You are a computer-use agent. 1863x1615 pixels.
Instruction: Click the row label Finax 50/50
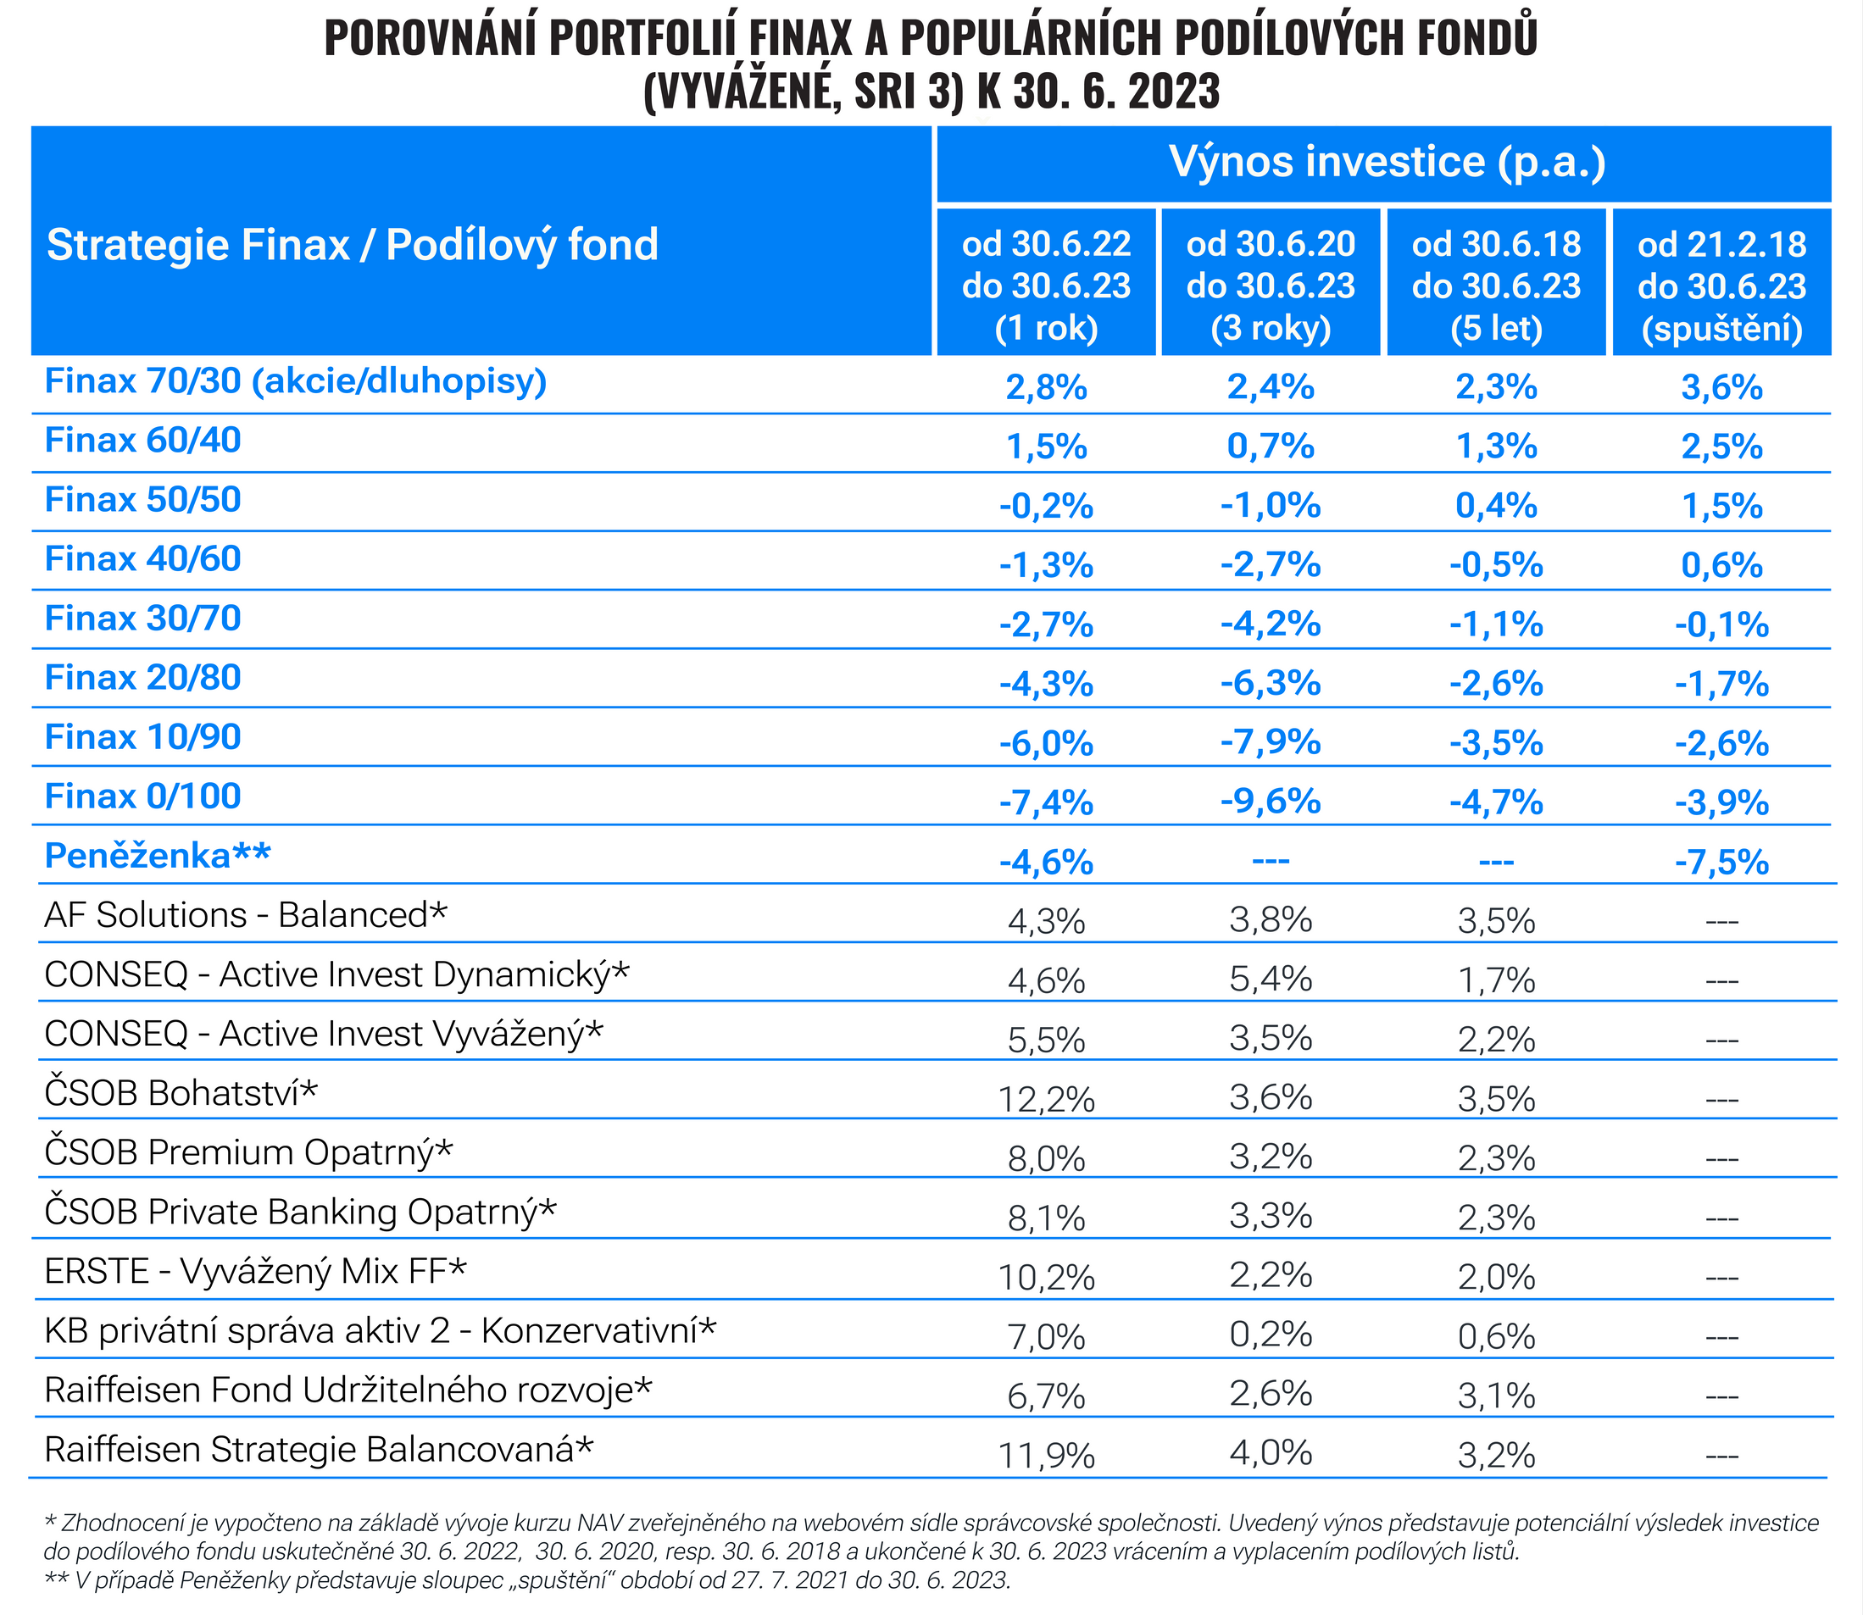coord(142,500)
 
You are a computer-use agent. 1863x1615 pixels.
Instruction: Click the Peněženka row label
coord(158,856)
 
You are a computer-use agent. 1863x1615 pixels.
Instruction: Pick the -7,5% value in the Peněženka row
coord(1721,863)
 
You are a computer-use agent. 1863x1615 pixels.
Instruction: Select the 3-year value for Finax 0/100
coord(1271,802)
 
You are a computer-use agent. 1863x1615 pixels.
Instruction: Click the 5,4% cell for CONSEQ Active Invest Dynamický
coord(1271,980)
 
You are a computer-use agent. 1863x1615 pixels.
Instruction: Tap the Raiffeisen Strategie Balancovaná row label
coord(319,1450)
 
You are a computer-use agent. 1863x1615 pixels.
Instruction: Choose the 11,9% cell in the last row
coord(1046,1456)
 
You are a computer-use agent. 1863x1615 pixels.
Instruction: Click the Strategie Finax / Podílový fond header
coord(353,245)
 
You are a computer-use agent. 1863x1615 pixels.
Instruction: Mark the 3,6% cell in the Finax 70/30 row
coord(1721,387)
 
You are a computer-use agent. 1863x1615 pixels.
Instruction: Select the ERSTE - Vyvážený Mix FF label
coord(256,1272)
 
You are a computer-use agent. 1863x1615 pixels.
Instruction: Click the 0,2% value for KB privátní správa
coord(1271,1335)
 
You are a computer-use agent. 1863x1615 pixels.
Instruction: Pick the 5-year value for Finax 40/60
coord(1496,565)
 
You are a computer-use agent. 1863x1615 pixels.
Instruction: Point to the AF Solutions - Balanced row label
coord(246,916)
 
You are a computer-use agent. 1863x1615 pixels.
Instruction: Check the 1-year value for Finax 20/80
coord(1046,684)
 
